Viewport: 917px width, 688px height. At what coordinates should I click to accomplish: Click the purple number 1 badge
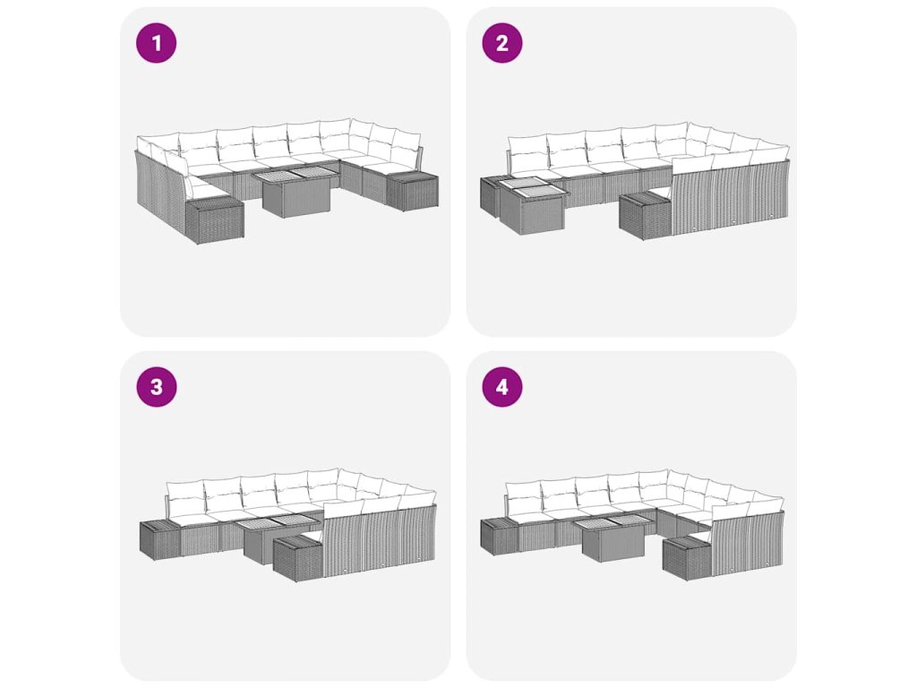pyautogui.click(x=156, y=43)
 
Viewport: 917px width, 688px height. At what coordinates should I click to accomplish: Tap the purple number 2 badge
pyautogui.click(x=502, y=43)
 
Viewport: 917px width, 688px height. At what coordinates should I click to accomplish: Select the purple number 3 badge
pyautogui.click(x=156, y=387)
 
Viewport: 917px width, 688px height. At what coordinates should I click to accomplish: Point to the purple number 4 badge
pyautogui.click(x=502, y=387)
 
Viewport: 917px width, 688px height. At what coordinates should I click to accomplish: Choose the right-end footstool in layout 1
pyautogui.click(x=412, y=189)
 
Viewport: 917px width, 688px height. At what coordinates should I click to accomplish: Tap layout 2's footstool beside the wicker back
pyautogui.click(x=646, y=216)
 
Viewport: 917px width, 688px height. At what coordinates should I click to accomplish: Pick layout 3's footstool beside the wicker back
pyautogui.click(x=298, y=558)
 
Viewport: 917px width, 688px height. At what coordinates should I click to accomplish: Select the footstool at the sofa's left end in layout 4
pyautogui.click(x=499, y=536)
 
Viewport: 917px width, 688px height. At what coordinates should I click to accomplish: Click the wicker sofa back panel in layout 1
pyautogui.click(x=161, y=190)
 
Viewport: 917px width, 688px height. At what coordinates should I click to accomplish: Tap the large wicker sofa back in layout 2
pyautogui.click(x=730, y=196)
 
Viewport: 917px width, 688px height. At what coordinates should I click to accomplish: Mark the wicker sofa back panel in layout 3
pyautogui.click(x=380, y=541)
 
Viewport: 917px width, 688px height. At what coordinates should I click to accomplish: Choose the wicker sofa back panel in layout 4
pyautogui.click(x=748, y=538)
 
